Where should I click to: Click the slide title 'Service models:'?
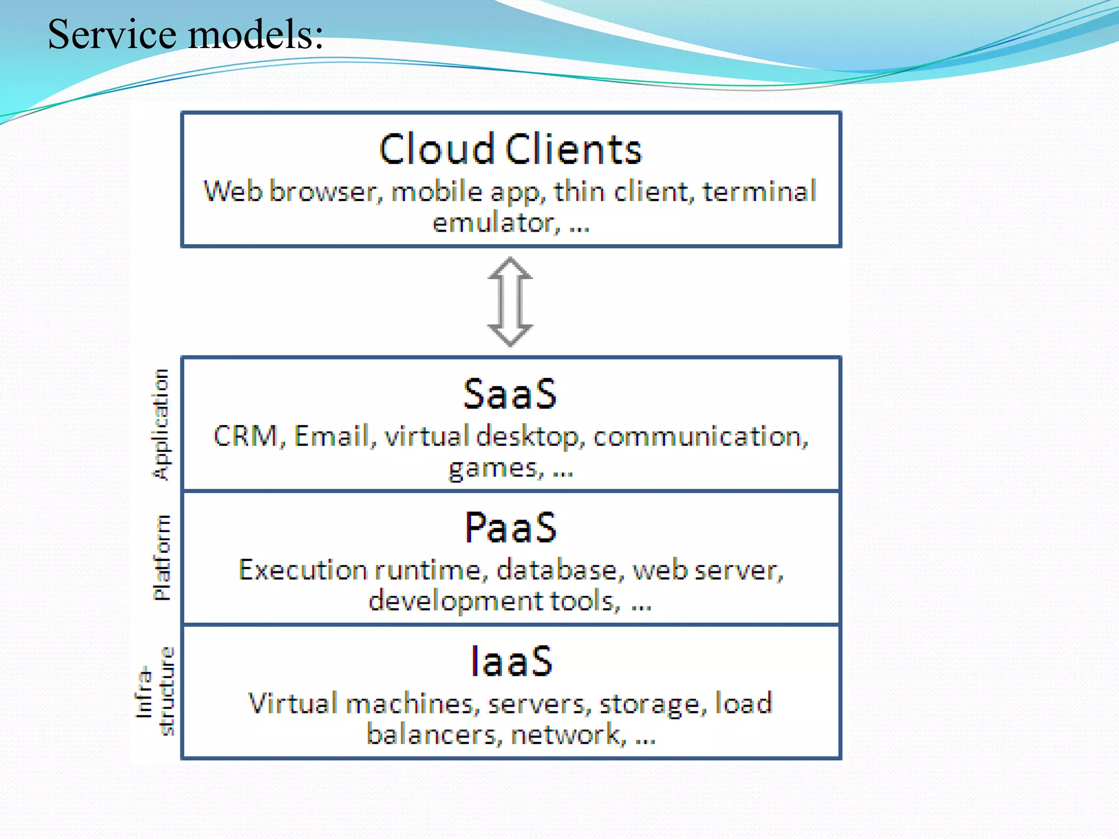[x=186, y=34]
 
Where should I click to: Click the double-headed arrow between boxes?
[x=510, y=302]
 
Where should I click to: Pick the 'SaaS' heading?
[x=510, y=394]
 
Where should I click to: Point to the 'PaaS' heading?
[x=510, y=528]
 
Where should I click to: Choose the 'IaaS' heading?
[x=511, y=661]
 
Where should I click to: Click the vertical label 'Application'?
[x=161, y=424]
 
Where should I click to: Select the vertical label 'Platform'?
[x=162, y=557]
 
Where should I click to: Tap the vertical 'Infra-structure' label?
[x=155, y=692]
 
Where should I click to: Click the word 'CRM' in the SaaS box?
[x=246, y=436]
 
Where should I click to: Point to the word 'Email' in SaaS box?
[x=331, y=436]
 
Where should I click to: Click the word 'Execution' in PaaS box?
[x=303, y=570]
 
